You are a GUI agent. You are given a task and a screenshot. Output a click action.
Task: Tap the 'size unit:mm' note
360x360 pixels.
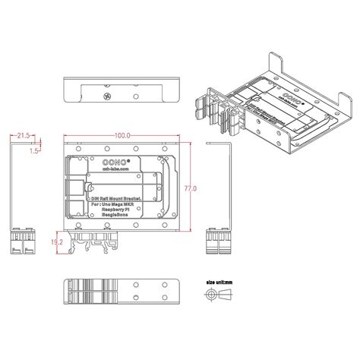click(x=218, y=281)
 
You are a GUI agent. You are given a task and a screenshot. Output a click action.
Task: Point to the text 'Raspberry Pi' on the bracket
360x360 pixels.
click(x=115, y=210)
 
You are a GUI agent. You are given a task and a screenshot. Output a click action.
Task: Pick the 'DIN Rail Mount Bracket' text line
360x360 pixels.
click(x=114, y=197)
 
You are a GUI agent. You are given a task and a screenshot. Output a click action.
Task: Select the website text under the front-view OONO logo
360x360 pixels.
click(x=99, y=170)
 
